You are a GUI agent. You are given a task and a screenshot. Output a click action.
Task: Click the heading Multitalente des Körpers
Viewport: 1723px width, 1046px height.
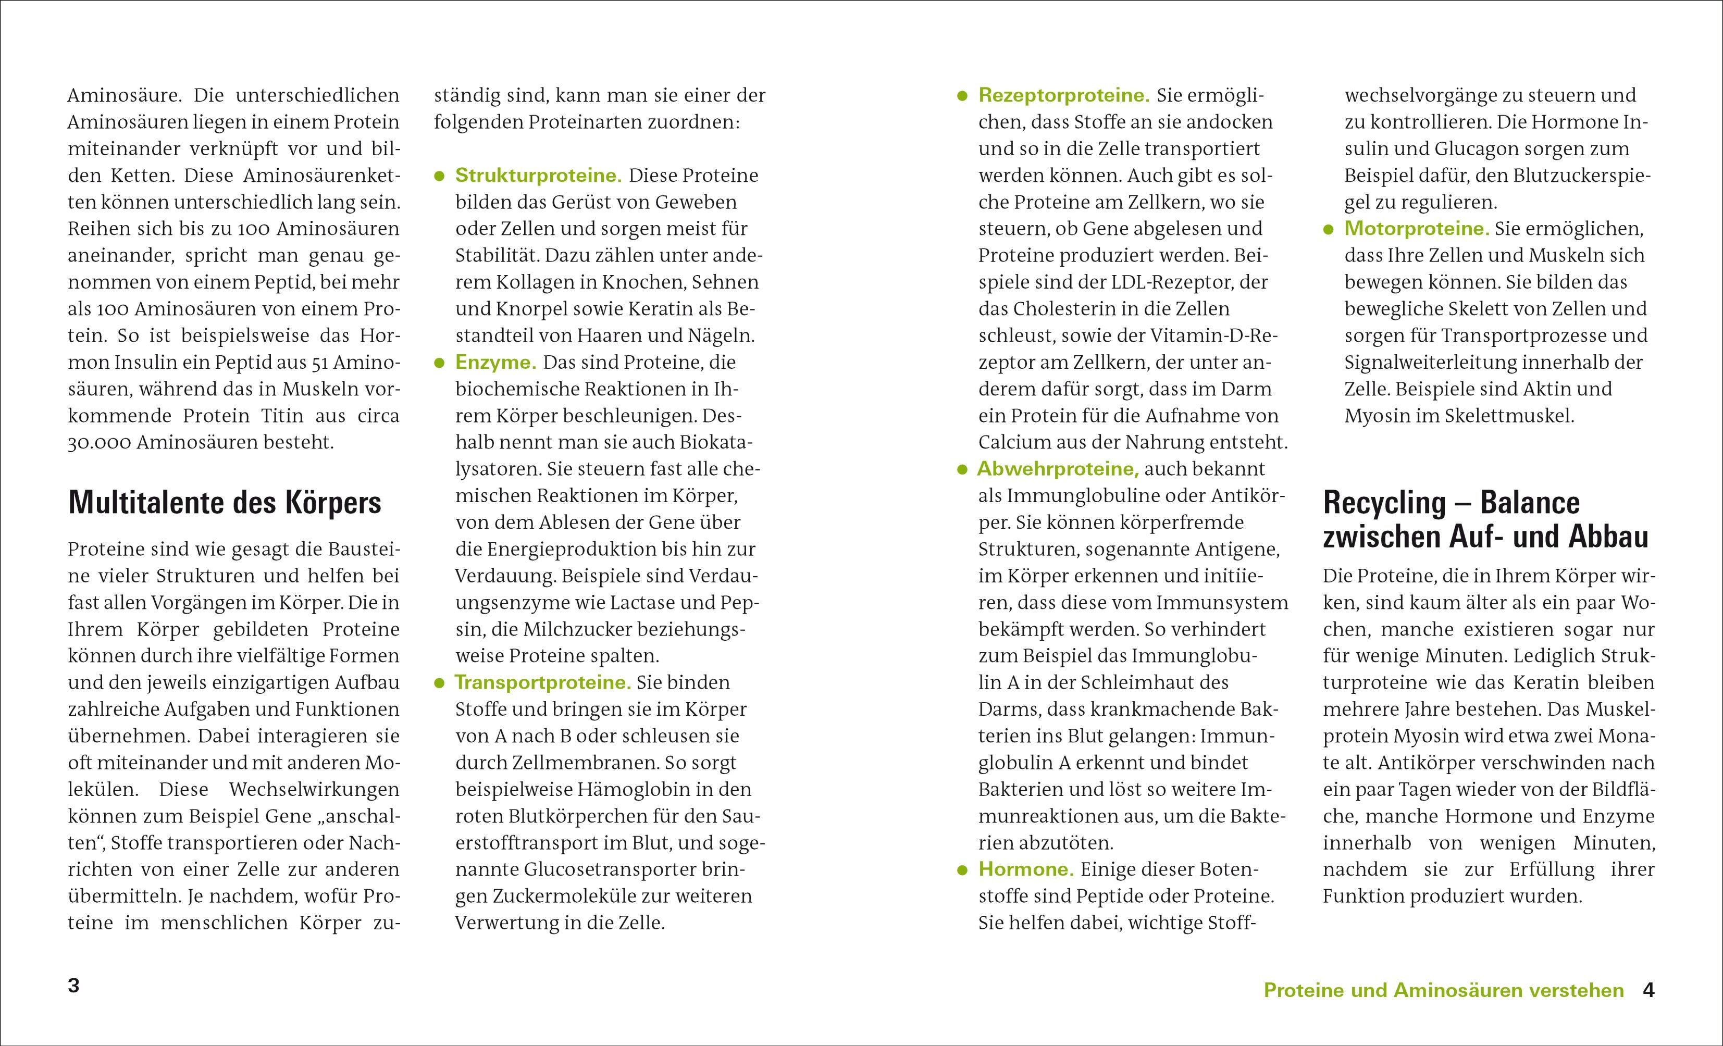(x=225, y=503)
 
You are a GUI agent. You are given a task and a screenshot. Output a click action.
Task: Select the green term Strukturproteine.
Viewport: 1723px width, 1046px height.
(x=538, y=176)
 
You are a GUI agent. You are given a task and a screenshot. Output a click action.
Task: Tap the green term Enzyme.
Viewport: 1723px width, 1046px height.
(x=495, y=362)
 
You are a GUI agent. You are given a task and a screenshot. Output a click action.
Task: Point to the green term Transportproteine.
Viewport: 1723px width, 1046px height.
(x=542, y=682)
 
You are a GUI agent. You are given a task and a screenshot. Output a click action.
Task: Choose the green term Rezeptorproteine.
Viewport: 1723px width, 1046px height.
(x=1063, y=95)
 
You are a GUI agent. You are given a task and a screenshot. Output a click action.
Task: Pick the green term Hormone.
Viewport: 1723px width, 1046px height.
(x=1026, y=870)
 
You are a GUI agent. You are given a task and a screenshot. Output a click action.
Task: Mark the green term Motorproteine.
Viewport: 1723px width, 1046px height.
(x=1417, y=229)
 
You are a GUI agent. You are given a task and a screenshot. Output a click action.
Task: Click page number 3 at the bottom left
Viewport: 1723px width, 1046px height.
(x=73, y=986)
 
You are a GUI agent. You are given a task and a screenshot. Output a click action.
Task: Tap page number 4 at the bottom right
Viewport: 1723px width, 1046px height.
(x=1648, y=990)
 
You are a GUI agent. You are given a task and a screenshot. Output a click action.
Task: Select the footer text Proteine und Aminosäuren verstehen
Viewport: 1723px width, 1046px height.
(x=1443, y=991)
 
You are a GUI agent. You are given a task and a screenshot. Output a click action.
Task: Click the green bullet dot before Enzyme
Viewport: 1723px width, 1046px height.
(x=440, y=363)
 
